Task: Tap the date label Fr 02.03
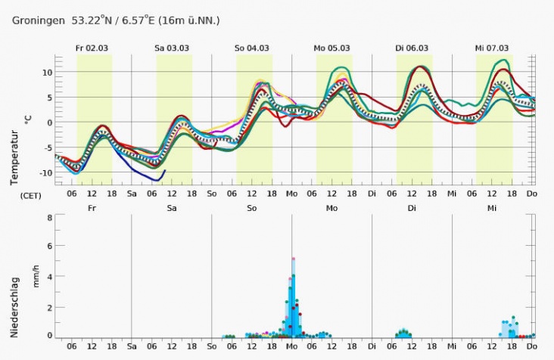[92, 48]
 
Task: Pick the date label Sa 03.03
[172, 48]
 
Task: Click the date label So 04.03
[252, 48]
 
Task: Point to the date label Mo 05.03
[332, 48]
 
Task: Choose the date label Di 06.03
[412, 48]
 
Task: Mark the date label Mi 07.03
[492, 48]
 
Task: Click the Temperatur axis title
[14, 157]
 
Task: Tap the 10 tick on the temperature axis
[46, 73]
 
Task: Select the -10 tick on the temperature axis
[45, 173]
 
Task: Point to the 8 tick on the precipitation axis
[48, 217]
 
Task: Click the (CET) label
[30, 194]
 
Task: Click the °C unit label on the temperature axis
[28, 119]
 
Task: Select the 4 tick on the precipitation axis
[48, 277]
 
